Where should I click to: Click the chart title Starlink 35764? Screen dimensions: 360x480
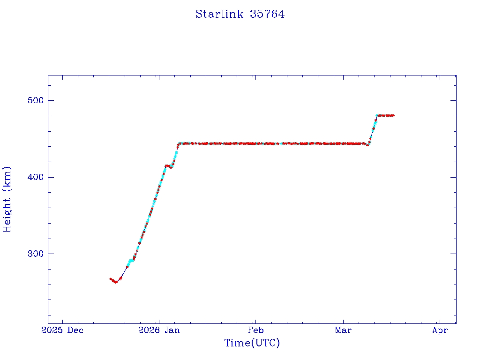pos(240,14)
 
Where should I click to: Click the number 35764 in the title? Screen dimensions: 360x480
pos(267,14)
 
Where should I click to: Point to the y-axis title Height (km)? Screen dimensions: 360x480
pos(7,199)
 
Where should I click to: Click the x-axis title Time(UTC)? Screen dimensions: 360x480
pos(252,343)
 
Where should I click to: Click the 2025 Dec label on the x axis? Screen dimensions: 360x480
pos(62,330)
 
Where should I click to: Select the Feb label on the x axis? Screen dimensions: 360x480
pos(255,330)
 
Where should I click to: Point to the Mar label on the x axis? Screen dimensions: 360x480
pos(344,330)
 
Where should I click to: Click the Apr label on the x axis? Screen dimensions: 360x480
pos(440,330)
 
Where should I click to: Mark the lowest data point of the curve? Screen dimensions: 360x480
pos(116,282)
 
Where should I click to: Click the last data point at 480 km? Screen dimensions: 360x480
pos(393,115)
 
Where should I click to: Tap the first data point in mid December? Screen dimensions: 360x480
pos(111,279)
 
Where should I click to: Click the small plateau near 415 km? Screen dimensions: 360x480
pos(168,166)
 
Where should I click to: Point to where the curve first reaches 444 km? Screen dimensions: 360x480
pos(179,143)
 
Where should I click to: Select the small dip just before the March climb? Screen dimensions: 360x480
pos(367,145)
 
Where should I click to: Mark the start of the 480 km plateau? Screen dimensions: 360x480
pos(377,115)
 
